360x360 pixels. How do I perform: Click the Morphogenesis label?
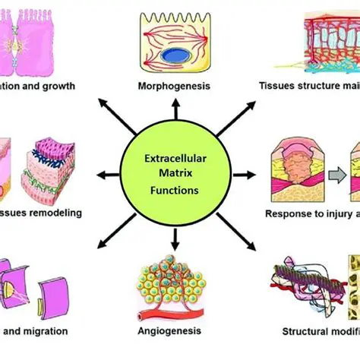click(x=175, y=86)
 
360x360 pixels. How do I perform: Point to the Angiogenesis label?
click(x=175, y=330)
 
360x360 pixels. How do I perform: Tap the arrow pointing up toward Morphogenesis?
click(x=175, y=111)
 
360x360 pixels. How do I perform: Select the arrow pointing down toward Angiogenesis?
click(x=175, y=242)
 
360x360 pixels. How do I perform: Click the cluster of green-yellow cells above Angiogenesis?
click(x=175, y=281)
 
